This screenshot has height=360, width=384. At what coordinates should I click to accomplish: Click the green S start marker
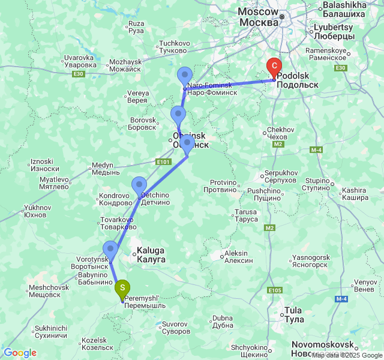(x=122, y=289)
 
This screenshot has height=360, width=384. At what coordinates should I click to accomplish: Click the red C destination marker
(x=274, y=67)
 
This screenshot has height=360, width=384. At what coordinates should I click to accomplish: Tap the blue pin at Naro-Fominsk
(x=185, y=77)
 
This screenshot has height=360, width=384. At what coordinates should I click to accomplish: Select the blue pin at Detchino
(x=139, y=185)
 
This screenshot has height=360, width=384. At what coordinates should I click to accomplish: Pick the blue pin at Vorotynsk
(x=110, y=249)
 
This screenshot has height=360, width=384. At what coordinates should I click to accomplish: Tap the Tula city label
(x=293, y=314)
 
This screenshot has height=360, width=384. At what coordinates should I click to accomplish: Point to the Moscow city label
(x=259, y=17)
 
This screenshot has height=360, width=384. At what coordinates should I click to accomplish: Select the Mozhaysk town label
(x=125, y=65)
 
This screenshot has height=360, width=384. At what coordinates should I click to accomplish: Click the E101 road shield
(x=163, y=161)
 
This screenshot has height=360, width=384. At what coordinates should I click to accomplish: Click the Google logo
(x=20, y=353)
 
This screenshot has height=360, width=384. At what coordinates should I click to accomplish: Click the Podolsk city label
(x=298, y=82)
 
